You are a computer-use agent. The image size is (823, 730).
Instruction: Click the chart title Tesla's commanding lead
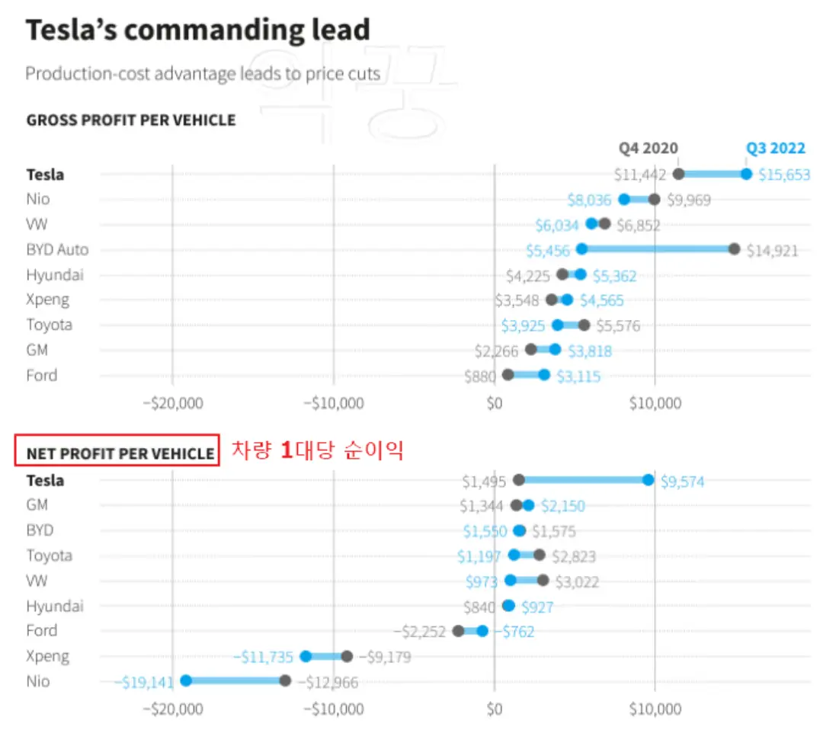[198, 30]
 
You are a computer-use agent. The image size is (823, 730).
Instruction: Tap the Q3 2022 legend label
[775, 149]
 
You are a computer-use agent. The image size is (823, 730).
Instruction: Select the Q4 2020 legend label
[648, 149]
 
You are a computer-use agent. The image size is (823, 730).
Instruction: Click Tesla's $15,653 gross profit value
[784, 175]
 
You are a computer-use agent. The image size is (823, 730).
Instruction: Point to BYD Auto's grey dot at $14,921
[734, 249]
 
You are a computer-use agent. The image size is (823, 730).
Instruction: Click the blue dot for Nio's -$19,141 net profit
[185, 680]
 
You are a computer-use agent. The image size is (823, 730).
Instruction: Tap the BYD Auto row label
[57, 250]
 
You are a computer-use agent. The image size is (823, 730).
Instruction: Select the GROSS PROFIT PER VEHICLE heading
[131, 120]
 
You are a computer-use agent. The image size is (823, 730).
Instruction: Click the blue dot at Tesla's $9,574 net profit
[648, 480]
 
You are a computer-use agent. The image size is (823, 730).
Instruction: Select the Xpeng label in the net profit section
[47, 656]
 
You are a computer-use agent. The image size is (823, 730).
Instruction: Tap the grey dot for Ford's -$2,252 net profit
[458, 631]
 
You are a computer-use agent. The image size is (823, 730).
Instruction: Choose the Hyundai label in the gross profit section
[55, 275]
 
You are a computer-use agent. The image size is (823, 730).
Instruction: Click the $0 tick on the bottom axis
[495, 709]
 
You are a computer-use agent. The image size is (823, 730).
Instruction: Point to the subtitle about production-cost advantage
[203, 74]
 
